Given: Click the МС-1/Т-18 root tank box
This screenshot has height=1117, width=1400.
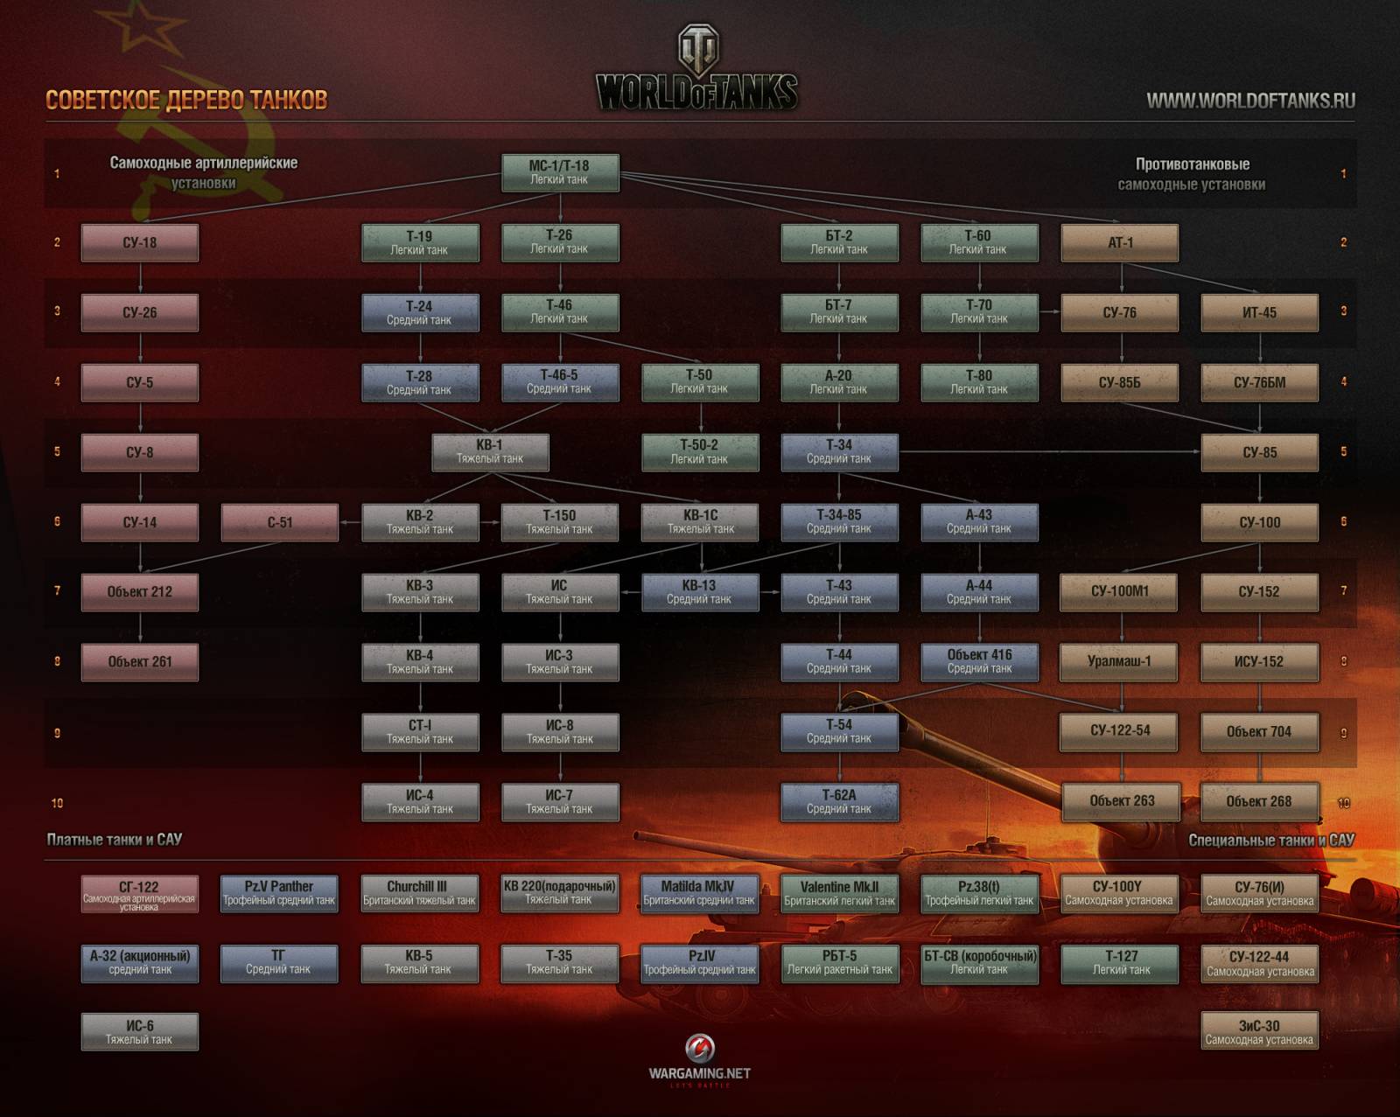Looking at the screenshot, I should point(560,172).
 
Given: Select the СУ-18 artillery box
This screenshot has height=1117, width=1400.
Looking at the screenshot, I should point(140,242).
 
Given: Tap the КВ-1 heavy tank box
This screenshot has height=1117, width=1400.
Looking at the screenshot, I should point(490,451).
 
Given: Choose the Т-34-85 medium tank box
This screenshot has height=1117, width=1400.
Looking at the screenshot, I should point(839,521).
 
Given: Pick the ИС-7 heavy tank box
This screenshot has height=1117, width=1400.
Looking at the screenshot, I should point(560,801).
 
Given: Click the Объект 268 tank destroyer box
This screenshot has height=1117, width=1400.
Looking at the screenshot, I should point(1259,801).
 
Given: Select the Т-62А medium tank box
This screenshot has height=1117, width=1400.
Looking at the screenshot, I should point(839,801).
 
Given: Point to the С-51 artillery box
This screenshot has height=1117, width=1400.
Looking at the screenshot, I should point(280,522).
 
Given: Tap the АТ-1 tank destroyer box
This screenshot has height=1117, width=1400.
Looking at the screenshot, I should point(1120,242).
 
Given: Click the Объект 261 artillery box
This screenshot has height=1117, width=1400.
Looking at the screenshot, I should point(140,662).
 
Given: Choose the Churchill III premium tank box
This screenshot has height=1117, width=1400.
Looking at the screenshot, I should point(419,893).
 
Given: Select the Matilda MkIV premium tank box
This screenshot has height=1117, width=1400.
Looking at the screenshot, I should point(699,893).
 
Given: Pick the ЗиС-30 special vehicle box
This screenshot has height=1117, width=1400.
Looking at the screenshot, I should point(1259,1032).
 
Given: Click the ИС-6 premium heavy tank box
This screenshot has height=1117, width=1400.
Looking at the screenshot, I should point(140,1032).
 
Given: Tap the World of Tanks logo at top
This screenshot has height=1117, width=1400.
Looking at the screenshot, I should point(697,70).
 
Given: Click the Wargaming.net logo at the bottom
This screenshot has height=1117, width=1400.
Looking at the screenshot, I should point(699,1059).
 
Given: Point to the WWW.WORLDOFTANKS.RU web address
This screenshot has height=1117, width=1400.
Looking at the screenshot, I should point(1250,101).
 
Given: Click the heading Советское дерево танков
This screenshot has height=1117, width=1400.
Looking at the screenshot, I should point(186,100).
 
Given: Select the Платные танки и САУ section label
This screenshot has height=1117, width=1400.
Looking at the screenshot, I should point(115,840).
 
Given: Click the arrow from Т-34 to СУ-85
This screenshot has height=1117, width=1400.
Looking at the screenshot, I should point(1050,451).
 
